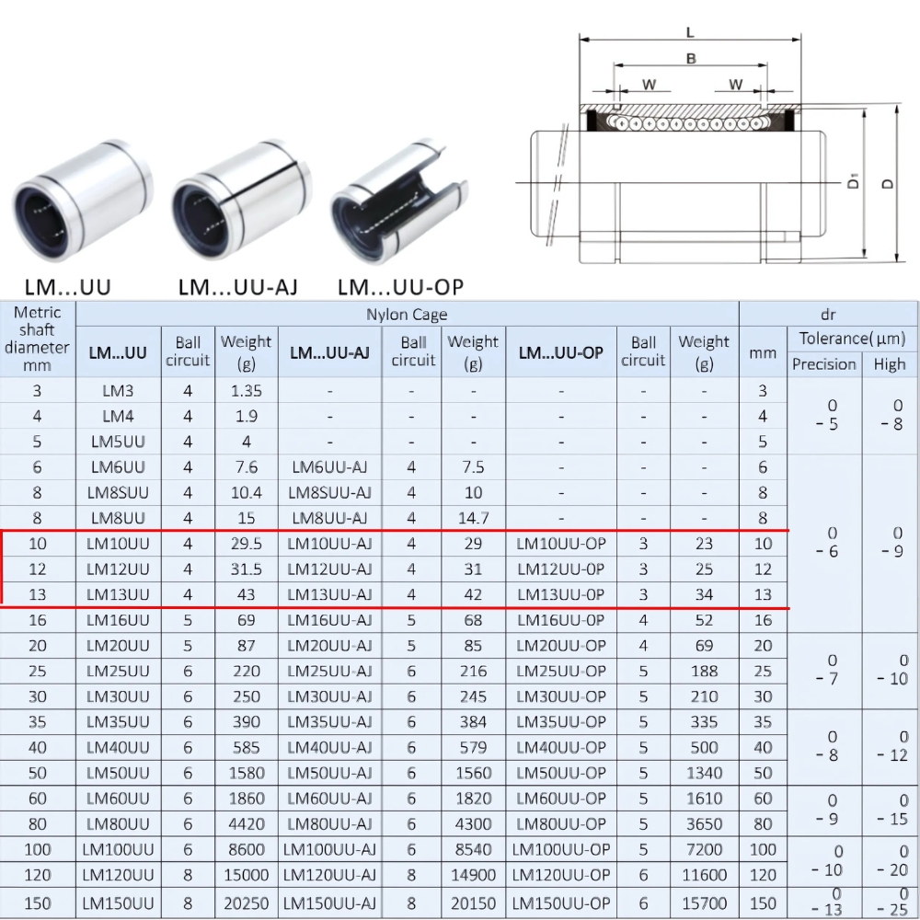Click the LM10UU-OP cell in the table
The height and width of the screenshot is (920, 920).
[x=561, y=544]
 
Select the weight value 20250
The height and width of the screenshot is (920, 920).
[x=246, y=903]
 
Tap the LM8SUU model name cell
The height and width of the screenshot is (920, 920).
[x=118, y=492]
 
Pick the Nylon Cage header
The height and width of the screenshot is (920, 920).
[x=407, y=315]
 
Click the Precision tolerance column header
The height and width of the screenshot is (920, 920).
[x=823, y=364]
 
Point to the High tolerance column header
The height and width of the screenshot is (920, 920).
[x=890, y=364]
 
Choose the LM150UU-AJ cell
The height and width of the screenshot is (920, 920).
[x=329, y=903]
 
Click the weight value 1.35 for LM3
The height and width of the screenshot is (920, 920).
[x=246, y=390]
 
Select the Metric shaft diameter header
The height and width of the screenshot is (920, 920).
[x=37, y=339]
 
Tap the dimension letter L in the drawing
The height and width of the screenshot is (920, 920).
[x=690, y=33]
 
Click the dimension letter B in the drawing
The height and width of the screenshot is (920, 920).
[x=691, y=59]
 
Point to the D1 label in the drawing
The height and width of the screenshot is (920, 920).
[x=854, y=181]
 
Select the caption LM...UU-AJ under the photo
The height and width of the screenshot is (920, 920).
[x=237, y=287]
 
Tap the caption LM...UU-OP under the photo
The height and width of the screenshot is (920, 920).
[x=400, y=287]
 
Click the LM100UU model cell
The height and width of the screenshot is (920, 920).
[x=118, y=849]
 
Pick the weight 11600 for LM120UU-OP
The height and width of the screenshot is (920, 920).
[x=704, y=875]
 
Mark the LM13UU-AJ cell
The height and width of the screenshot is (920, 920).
[x=329, y=594]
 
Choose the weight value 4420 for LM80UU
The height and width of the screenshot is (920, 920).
[x=246, y=823]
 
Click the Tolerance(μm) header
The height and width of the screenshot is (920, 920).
[x=852, y=339]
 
